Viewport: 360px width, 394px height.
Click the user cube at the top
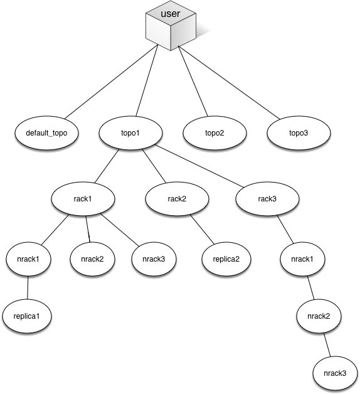[171, 26]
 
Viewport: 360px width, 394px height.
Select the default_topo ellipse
[46, 133]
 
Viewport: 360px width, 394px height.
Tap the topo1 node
[130, 133]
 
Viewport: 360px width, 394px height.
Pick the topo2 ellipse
[214, 133]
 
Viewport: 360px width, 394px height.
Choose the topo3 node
[299, 133]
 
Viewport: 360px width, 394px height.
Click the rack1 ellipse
[83, 199]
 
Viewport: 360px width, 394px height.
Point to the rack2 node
[177, 199]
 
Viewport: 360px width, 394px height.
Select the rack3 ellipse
[267, 199]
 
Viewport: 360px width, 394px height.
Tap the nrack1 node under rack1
[28, 259]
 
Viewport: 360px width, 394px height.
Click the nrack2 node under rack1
[92, 259]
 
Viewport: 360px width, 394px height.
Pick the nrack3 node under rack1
[154, 259]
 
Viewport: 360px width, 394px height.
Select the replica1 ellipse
[27, 316]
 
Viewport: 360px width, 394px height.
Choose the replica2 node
[226, 259]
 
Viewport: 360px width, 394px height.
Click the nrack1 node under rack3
[302, 259]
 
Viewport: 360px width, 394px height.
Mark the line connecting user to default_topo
[111, 82]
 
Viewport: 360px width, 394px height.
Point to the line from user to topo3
[229, 83]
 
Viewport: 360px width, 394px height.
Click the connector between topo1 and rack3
[199, 166]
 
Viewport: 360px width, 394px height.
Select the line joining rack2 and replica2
[202, 230]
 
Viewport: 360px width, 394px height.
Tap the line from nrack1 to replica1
[28, 288]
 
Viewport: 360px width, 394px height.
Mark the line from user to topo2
[193, 81]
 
